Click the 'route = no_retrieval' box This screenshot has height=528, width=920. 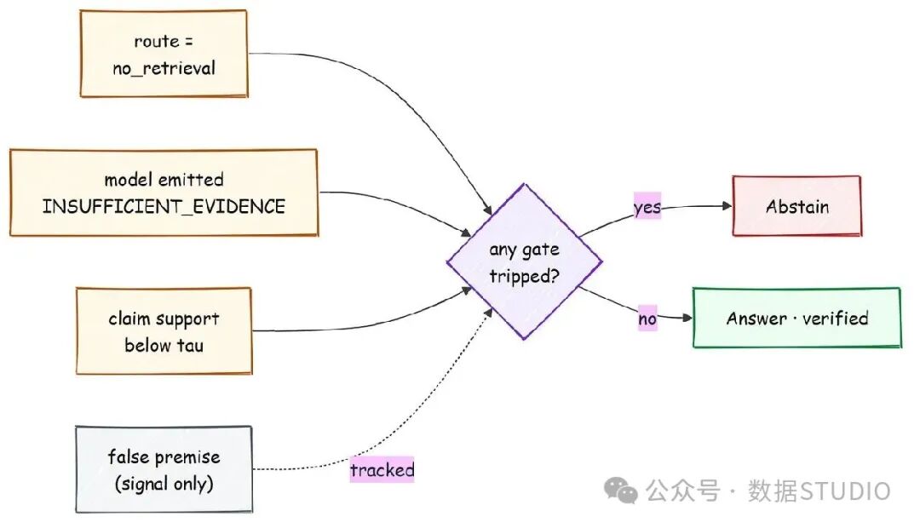coord(164,54)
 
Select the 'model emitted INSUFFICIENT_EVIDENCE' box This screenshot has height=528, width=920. coord(164,192)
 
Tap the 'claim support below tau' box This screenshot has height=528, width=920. coord(164,331)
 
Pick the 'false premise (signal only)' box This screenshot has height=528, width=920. coord(164,469)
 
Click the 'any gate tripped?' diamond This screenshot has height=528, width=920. coord(524,261)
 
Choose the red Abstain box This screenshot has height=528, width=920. coord(796,206)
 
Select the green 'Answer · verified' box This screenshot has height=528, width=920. coord(796,318)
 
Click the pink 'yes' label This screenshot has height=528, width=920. coord(647,206)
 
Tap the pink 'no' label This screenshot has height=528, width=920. coord(647,318)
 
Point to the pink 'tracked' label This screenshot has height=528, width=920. coord(382,469)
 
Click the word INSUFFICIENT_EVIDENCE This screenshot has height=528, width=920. coord(164,206)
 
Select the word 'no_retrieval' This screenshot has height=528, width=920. coord(164,69)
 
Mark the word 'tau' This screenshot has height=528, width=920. coord(189,346)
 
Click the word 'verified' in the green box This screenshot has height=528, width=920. coord(835,318)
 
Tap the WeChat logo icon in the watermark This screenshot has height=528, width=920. coord(621,490)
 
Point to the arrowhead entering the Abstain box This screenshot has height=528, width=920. coord(727,206)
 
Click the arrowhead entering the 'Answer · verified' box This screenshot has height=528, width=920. coord(687,318)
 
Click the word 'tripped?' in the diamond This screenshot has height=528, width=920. coord(524,276)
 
